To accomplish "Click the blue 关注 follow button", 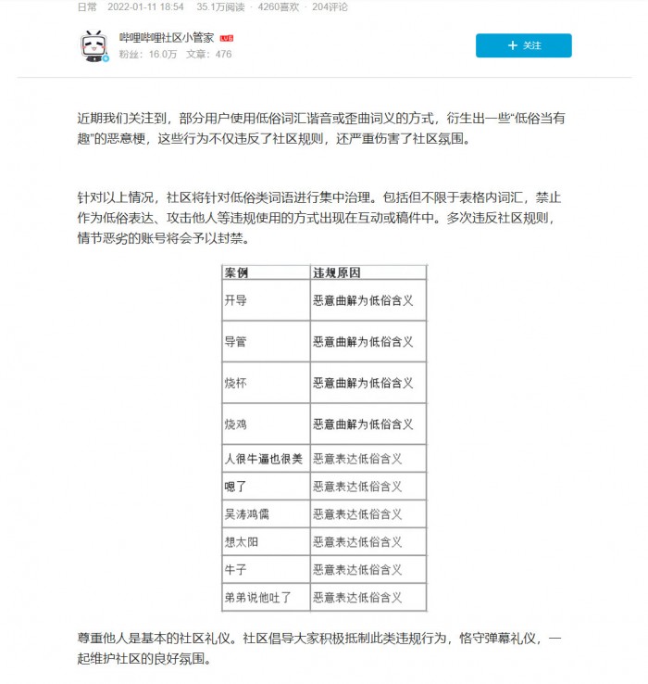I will click(523, 45).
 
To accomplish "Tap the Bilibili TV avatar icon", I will click(93, 45).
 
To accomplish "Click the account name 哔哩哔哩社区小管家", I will click(168, 38).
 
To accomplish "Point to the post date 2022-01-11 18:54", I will click(144, 6).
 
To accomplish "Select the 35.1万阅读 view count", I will click(220, 6).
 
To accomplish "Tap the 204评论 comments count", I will click(332, 6).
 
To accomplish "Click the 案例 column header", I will click(236, 273).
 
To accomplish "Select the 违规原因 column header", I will click(336, 273).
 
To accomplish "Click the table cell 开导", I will click(236, 301).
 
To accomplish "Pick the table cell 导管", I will click(236, 342).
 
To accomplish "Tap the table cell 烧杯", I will click(236, 383).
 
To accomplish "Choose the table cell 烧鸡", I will click(236, 424).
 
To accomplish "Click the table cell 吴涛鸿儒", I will click(247, 513).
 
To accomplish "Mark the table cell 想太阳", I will click(242, 541).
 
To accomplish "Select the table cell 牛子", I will click(236, 569).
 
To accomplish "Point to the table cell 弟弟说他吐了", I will click(258, 597).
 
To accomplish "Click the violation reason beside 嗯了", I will click(357, 486).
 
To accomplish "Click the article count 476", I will click(223, 55).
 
